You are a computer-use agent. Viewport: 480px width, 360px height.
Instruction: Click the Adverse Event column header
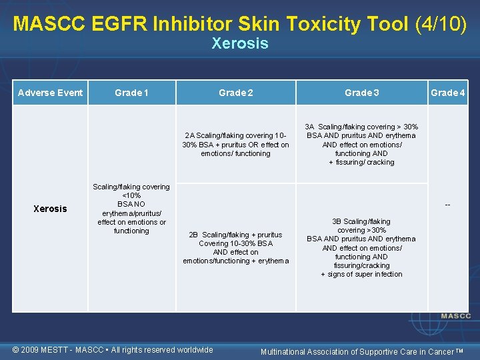(x=51, y=93)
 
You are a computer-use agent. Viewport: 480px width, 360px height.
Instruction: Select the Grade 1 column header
(x=131, y=93)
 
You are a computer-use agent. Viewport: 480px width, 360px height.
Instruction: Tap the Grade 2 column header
(x=236, y=93)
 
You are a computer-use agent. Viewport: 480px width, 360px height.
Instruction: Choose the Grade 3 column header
(x=361, y=93)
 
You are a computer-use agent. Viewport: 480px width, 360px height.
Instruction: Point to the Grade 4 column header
(x=448, y=93)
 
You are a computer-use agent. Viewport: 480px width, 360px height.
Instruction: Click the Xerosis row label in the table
(x=51, y=209)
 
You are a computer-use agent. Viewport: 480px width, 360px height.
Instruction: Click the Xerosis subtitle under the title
(x=240, y=44)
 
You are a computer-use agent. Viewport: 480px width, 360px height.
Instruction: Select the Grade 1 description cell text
(x=131, y=209)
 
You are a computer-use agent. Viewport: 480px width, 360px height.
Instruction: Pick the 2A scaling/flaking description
(x=236, y=145)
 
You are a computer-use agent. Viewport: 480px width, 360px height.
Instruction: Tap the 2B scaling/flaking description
(x=236, y=247)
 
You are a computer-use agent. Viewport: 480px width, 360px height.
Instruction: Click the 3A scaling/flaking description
(x=361, y=144)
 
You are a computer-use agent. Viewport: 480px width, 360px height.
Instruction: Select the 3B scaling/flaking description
(x=361, y=247)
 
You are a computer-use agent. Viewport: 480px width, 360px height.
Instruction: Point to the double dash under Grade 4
(x=448, y=204)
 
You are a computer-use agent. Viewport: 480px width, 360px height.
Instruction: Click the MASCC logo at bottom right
(x=455, y=316)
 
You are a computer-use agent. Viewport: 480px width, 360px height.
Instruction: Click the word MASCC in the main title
(x=44, y=24)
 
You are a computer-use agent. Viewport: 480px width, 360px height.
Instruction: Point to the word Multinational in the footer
(x=287, y=351)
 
